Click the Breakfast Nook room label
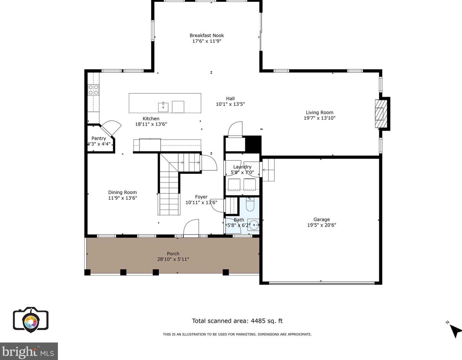click(x=207, y=35)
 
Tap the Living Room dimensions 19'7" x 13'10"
click(x=320, y=118)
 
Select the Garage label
click(x=321, y=219)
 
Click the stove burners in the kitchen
click(x=93, y=90)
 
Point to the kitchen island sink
click(x=163, y=107)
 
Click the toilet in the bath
click(x=249, y=204)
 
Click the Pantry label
click(x=99, y=138)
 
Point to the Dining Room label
click(x=122, y=192)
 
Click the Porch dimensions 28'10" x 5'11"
click(x=173, y=259)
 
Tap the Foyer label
click(x=201, y=197)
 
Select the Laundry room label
click(x=242, y=167)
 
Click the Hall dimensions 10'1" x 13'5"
click(x=230, y=104)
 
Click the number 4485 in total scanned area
click(x=258, y=321)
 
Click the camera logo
click(x=31, y=320)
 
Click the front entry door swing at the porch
click(x=191, y=227)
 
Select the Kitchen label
click(x=151, y=119)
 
